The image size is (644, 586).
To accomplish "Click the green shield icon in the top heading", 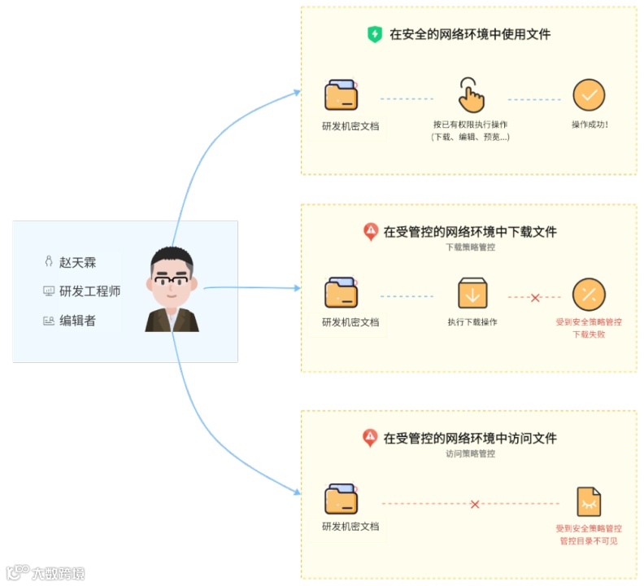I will pyautogui.click(x=375, y=34).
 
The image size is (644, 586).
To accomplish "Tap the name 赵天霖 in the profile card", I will pyautogui.click(x=77, y=262).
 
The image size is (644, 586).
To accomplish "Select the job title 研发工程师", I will pyautogui.click(x=89, y=291).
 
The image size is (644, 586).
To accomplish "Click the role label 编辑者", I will pyautogui.click(x=77, y=321).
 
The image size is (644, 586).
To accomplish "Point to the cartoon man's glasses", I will pyautogui.click(x=172, y=281).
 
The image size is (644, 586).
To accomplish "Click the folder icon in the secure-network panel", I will pyautogui.click(x=342, y=94).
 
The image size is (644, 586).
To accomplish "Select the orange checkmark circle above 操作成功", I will pyautogui.click(x=589, y=95).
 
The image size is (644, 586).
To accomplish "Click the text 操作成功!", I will pyautogui.click(x=590, y=125).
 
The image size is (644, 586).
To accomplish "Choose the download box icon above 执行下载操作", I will pyautogui.click(x=472, y=293).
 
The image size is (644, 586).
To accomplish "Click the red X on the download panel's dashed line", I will pyautogui.click(x=535, y=298).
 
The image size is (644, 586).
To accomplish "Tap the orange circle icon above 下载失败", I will pyautogui.click(x=589, y=294).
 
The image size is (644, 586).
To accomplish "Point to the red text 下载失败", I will pyautogui.click(x=589, y=334).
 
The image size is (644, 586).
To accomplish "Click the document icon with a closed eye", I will pyautogui.click(x=589, y=502).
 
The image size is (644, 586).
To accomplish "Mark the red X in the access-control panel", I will pyautogui.click(x=475, y=505).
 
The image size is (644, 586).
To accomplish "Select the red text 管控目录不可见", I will pyautogui.click(x=589, y=540).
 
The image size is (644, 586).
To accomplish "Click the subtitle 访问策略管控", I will pyautogui.click(x=470, y=453).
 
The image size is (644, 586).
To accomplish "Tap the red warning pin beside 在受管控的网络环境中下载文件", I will pyautogui.click(x=370, y=232).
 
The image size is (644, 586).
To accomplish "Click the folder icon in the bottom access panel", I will pyautogui.click(x=342, y=499).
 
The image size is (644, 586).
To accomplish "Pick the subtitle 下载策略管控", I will pyautogui.click(x=470, y=247).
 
